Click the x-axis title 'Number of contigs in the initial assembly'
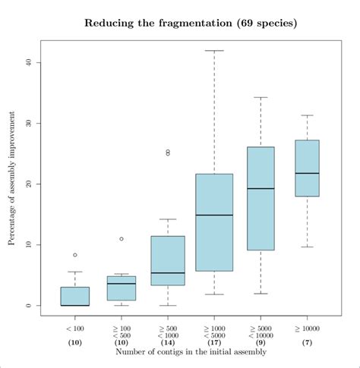(x=191, y=352)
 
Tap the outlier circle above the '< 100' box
(x=74, y=255)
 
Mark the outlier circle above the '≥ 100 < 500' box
(x=122, y=239)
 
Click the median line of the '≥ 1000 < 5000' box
(x=214, y=215)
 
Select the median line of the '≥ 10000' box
(x=307, y=174)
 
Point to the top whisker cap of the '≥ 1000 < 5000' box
(x=214, y=51)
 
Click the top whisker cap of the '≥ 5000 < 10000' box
(x=261, y=97)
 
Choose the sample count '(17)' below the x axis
(x=214, y=343)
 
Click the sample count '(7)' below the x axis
(x=307, y=343)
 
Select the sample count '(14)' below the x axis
(x=168, y=343)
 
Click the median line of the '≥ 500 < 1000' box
(x=168, y=273)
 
